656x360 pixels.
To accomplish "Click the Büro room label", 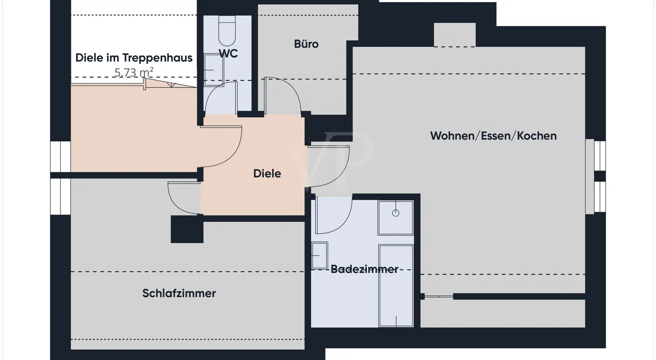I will (x=306, y=44).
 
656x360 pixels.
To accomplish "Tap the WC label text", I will (x=228, y=53).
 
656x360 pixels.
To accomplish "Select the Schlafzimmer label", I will (x=179, y=293).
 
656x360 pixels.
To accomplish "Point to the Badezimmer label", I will (x=364, y=269).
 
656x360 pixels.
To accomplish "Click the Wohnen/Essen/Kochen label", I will (x=493, y=136).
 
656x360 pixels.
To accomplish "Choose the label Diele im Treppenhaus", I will (x=134, y=58).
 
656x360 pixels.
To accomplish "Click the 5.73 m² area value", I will (x=134, y=72).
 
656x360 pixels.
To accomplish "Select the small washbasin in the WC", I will (x=213, y=70).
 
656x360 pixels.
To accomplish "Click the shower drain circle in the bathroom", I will (x=396, y=213).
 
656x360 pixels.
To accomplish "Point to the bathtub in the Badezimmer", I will (x=396, y=286).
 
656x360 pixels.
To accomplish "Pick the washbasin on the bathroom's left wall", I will (x=319, y=255).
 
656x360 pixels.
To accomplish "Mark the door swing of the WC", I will (x=221, y=98).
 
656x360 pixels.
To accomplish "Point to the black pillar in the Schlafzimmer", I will (x=187, y=229).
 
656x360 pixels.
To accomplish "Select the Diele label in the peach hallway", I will (x=267, y=174).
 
